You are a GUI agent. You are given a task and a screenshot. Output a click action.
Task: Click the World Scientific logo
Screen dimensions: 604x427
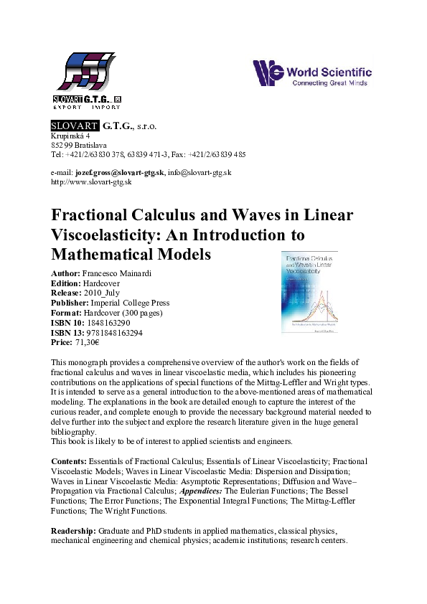click(311, 73)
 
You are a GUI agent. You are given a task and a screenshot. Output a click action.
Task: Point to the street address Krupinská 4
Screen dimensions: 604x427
click(70, 136)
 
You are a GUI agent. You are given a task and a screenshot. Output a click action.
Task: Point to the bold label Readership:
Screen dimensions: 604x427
click(74, 530)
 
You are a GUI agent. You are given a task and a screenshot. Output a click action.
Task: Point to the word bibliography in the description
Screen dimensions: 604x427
click(73, 433)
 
